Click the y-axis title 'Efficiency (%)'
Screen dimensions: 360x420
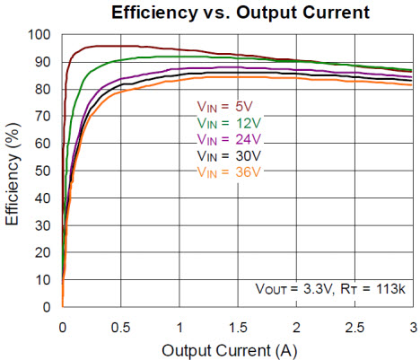point(13,171)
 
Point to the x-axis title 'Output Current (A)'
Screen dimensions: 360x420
point(237,348)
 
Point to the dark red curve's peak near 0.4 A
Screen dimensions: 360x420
point(109,45)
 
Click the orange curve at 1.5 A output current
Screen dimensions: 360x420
point(237,77)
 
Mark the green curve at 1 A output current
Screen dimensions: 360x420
point(179,56)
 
